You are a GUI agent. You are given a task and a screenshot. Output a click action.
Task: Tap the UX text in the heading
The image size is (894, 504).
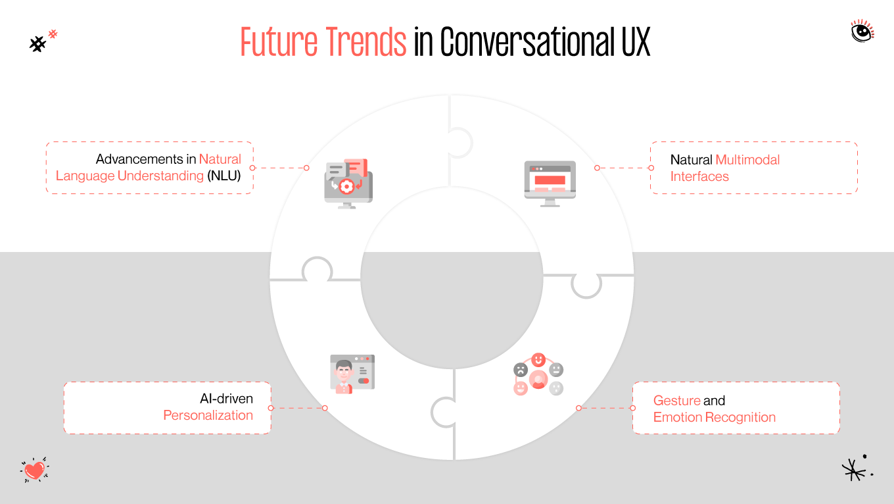pos(635,43)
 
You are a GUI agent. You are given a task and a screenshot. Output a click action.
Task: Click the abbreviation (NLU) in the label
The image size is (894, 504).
pos(224,176)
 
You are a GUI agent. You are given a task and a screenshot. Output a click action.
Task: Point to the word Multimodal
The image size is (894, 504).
pos(747,160)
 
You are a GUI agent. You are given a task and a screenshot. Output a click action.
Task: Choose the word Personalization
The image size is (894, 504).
pos(208,415)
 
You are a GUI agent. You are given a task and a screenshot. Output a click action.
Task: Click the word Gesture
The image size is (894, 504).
pos(676,401)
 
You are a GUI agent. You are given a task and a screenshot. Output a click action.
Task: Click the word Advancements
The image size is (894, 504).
pos(139,159)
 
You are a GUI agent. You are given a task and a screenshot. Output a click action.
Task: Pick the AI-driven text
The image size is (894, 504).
pos(226,399)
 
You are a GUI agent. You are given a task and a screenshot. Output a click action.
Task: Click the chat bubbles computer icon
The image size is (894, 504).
pos(348,184)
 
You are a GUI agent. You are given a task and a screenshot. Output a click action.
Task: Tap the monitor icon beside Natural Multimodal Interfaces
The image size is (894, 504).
pos(550,184)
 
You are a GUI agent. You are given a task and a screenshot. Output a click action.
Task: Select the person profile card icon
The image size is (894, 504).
pos(352,374)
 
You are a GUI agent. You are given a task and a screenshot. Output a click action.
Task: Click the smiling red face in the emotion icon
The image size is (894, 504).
pos(538,359)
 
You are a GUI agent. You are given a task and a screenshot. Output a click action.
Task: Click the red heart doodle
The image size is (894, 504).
pos(35,470)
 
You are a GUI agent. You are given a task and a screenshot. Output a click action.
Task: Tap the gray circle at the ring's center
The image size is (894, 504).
pos(452,277)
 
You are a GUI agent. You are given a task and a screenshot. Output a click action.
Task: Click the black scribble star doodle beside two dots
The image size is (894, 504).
pos(853,469)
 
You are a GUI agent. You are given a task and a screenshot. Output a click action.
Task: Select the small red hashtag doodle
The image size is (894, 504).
pos(53,33)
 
